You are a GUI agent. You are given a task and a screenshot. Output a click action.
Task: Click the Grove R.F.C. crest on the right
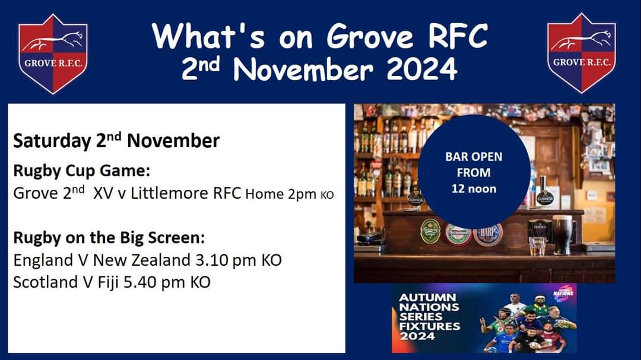(582, 53)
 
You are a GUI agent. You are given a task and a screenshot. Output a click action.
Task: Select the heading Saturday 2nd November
(116, 141)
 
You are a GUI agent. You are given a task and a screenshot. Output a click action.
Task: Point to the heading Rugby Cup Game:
(81, 171)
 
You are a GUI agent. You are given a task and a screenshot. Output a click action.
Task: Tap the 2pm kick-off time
(302, 194)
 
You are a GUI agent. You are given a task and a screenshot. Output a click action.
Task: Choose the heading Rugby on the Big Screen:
(109, 238)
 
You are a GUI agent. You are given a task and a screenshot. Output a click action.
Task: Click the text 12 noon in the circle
(473, 188)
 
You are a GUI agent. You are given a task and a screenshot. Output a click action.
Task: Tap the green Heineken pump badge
(458, 233)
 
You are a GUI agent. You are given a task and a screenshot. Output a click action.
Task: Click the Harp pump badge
(488, 233)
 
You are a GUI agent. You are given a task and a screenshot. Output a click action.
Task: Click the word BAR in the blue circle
(456, 157)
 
